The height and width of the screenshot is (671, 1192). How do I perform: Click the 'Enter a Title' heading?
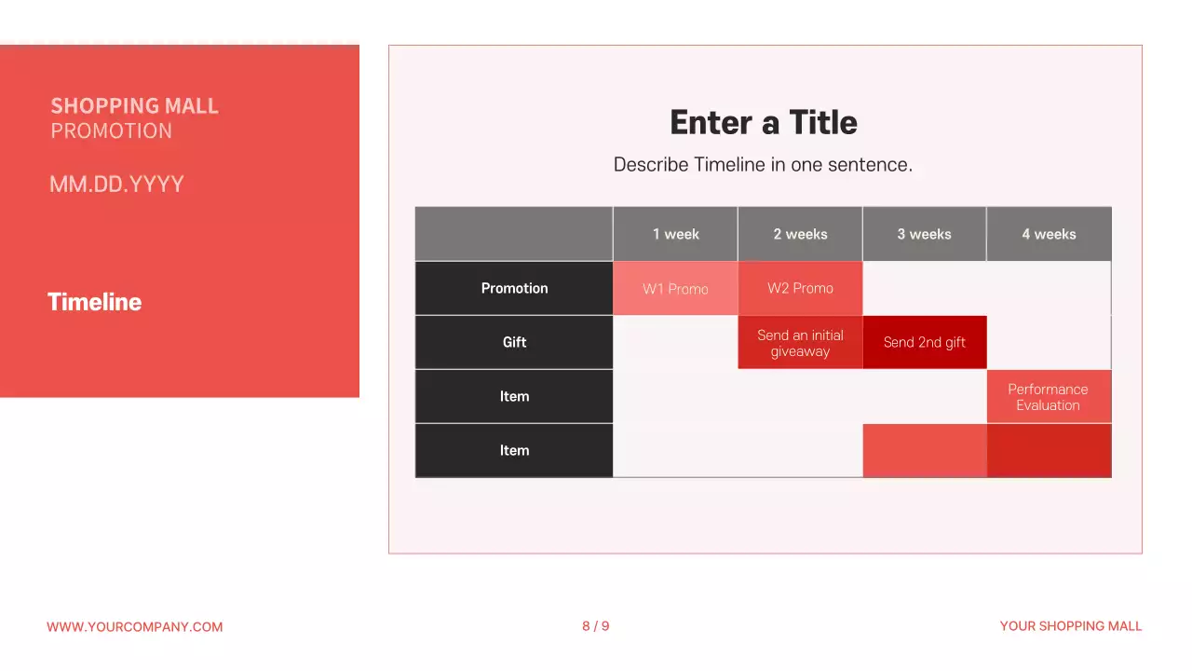click(x=764, y=123)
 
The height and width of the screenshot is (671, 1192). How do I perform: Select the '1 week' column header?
click(x=675, y=234)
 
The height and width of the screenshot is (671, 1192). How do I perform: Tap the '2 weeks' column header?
click(x=800, y=234)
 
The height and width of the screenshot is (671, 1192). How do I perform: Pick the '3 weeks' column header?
click(x=924, y=234)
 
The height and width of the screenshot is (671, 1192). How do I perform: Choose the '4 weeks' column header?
click(x=1049, y=234)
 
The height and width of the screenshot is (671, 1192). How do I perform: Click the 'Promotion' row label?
click(x=514, y=288)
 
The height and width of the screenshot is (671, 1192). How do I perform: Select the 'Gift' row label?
click(x=514, y=342)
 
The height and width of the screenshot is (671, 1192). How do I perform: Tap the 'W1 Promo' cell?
click(x=675, y=289)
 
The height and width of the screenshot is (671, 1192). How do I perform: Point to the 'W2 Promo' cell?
click(x=800, y=288)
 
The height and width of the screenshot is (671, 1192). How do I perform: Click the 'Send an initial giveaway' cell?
click(x=800, y=343)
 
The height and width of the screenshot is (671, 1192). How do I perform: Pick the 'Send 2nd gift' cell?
click(x=924, y=342)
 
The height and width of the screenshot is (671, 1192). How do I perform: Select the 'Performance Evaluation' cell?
click(x=1048, y=397)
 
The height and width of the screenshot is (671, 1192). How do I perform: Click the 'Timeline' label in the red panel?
click(x=94, y=302)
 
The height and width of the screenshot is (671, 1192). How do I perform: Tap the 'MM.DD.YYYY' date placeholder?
click(x=116, y=185)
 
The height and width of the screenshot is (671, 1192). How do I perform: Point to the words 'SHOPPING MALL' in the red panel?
click(x=134, y=106)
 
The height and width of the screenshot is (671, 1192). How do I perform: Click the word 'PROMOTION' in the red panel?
click(x=111, y=131)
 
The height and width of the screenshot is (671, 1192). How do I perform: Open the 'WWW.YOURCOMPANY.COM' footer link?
click(x=134, y=627)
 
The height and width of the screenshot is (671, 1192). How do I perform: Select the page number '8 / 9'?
click(x=596, y=626)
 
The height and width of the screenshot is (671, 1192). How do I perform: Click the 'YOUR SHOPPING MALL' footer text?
click(x=1070, y=626)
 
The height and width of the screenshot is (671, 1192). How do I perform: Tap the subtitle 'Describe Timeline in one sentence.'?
click(x=763, y=165)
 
